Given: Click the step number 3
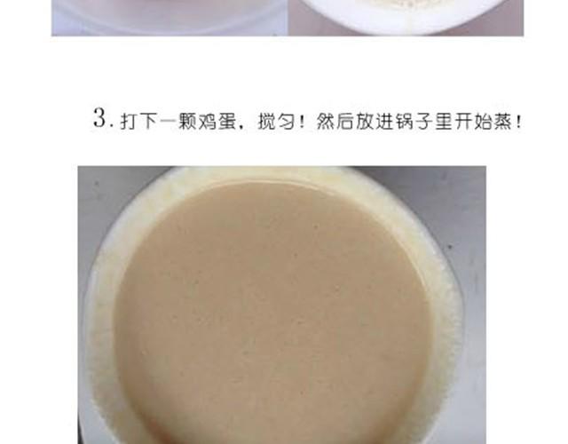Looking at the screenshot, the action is pos(100,117).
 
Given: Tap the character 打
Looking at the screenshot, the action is pos(130,121).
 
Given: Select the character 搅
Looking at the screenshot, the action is pos(266,121).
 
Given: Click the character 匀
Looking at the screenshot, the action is pos(286,121).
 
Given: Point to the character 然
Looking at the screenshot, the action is pos(325,121).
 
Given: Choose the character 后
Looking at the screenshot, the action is pos(344,121).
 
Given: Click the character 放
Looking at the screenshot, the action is pos(364,121).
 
